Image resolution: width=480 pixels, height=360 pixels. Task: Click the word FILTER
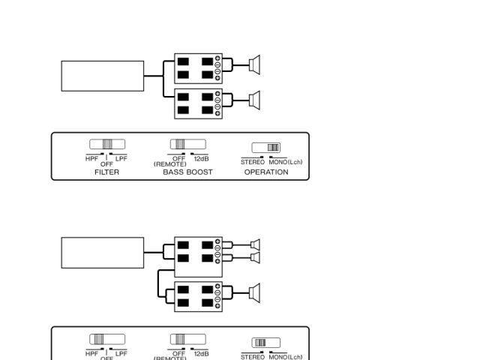pos(106,172)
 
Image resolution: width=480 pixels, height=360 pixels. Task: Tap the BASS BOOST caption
pos(187,172)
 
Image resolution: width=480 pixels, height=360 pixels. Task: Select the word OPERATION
pos(266,172)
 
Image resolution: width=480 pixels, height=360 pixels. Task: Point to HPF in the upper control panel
pos(92,158)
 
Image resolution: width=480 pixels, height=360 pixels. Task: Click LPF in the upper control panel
pos(121,158)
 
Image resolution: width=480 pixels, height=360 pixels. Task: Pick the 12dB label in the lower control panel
pos(201,352)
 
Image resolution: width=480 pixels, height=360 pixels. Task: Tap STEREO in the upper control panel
pos(253,161)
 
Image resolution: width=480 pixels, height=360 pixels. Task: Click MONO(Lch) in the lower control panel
pos(285,356)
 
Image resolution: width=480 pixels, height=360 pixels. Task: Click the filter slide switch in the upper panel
pos(107,144)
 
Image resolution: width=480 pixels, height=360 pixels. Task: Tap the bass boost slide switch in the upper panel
pos(187,144)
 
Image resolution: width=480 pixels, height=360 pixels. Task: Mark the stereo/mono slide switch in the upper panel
pos(266,148)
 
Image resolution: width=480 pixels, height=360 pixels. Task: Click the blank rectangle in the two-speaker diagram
pos(102,76)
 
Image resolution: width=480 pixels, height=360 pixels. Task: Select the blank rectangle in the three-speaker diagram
pos(102,253)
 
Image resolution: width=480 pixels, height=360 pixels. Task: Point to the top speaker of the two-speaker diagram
pos(254,66)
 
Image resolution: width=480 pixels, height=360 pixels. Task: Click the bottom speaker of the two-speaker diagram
pos(254,100)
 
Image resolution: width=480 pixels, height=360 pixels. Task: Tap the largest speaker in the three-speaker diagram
pos(254,292)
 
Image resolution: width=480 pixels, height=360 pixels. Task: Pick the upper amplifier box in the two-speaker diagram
pos(198,68)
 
